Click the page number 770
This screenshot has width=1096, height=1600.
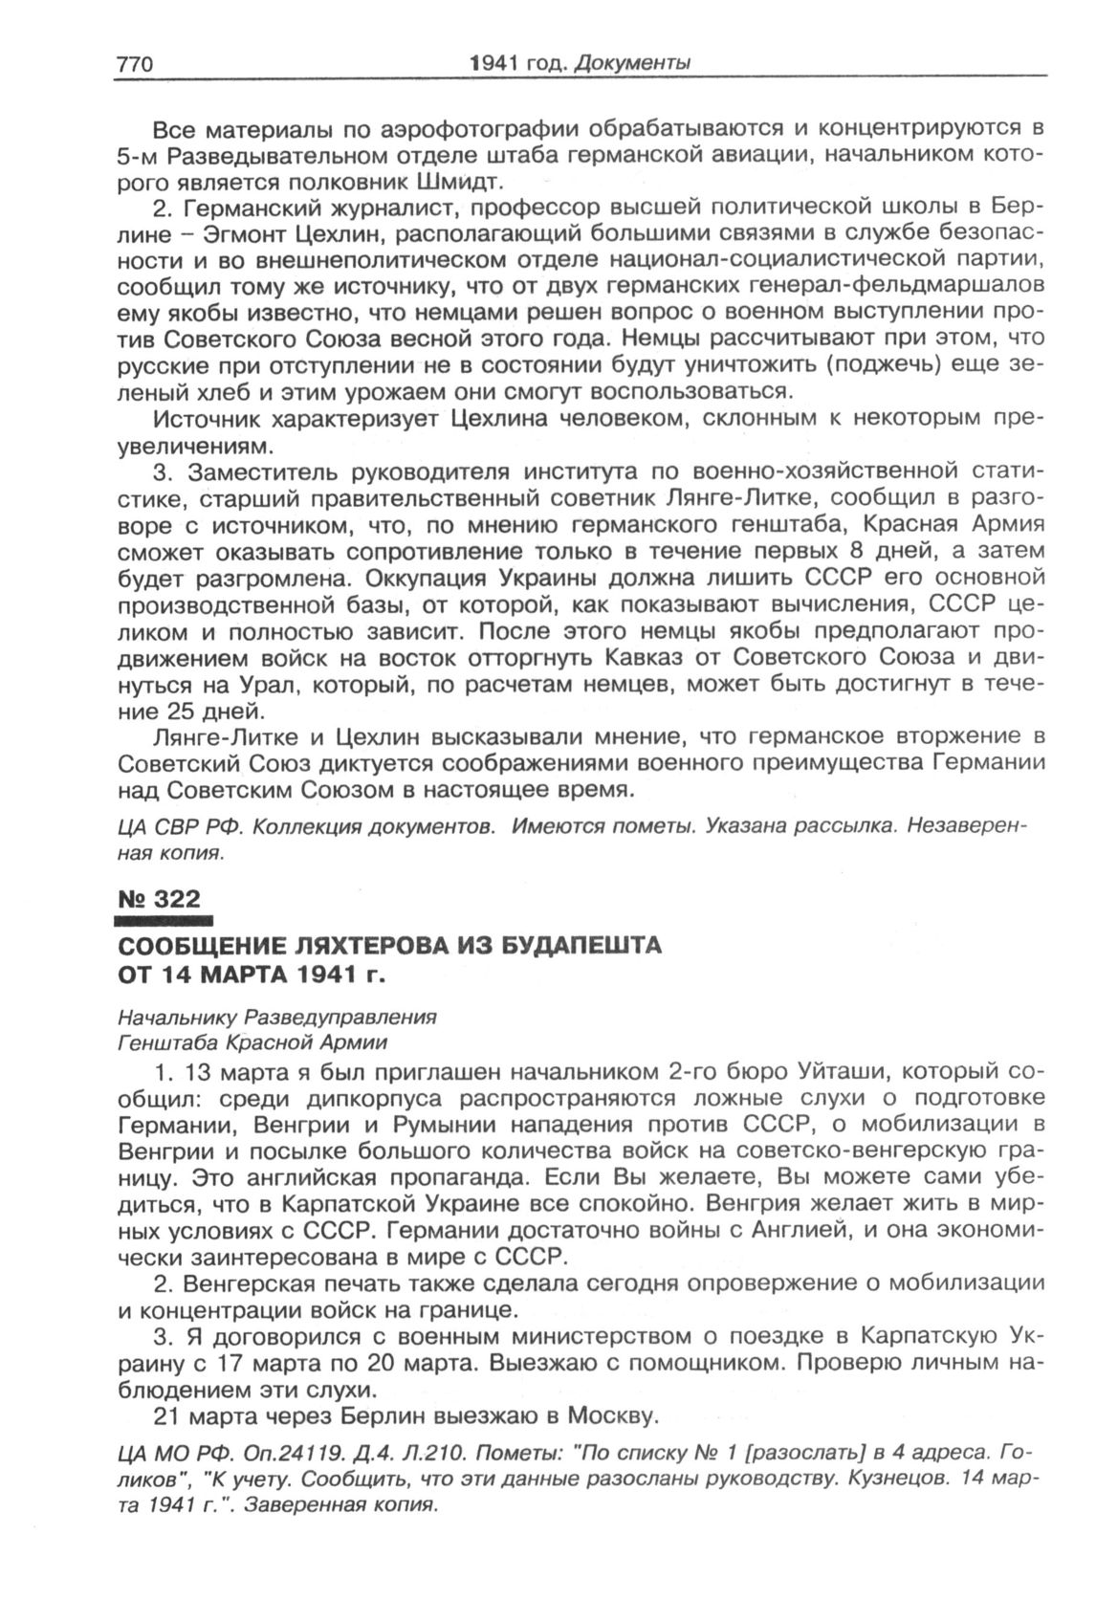pyautogui.click(x=134, y=64)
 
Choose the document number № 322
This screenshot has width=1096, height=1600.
pyautogui.click(x=159, y=899)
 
